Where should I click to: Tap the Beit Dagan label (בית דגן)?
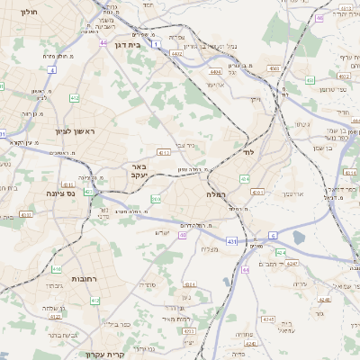click(130, 42)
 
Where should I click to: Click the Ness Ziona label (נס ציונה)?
click(42, 193)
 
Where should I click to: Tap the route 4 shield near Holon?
click(52, 69)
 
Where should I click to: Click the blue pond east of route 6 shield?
click(300, 238)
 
